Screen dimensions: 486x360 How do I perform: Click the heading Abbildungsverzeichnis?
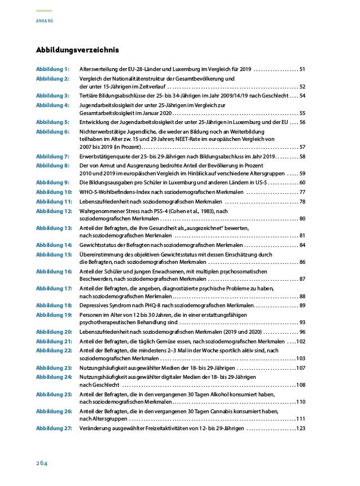click(77, 51)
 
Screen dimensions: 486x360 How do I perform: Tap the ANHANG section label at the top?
click(44, 21)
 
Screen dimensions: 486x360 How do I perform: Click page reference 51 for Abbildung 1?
click(302, 69)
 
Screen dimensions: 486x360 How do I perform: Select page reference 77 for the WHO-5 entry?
click(302, 192)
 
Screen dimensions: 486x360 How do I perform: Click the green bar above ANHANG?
click(44, 11)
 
